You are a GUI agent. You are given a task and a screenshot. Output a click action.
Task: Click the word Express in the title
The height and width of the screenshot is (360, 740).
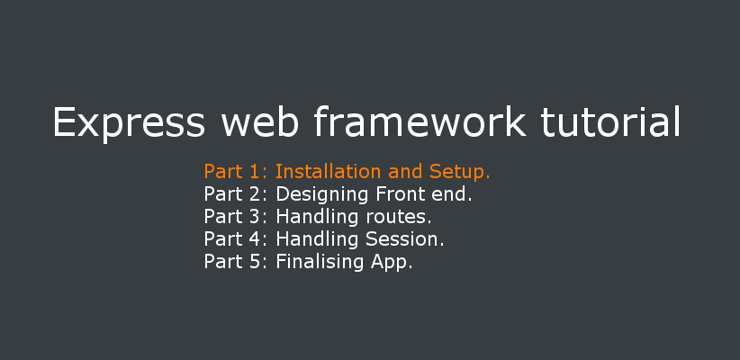[x=129, y=122]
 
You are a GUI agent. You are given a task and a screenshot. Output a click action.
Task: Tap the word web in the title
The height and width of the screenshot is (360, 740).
[x=259, y=121]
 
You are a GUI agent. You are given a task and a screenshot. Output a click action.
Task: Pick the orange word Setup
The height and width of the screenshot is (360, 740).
[x=460, y=172]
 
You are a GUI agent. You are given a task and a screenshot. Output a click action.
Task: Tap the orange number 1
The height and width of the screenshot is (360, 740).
[x=255, y=172]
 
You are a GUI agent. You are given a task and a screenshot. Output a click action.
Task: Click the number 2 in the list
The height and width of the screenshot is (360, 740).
[x=255, y=194]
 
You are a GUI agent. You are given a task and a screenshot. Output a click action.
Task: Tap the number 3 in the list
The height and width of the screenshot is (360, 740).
[x=255, y=217]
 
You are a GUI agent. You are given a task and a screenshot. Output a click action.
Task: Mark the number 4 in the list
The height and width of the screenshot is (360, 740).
[x=255, y=239]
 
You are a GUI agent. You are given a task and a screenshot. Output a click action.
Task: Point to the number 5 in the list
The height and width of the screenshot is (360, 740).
[x=255, y=262]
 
